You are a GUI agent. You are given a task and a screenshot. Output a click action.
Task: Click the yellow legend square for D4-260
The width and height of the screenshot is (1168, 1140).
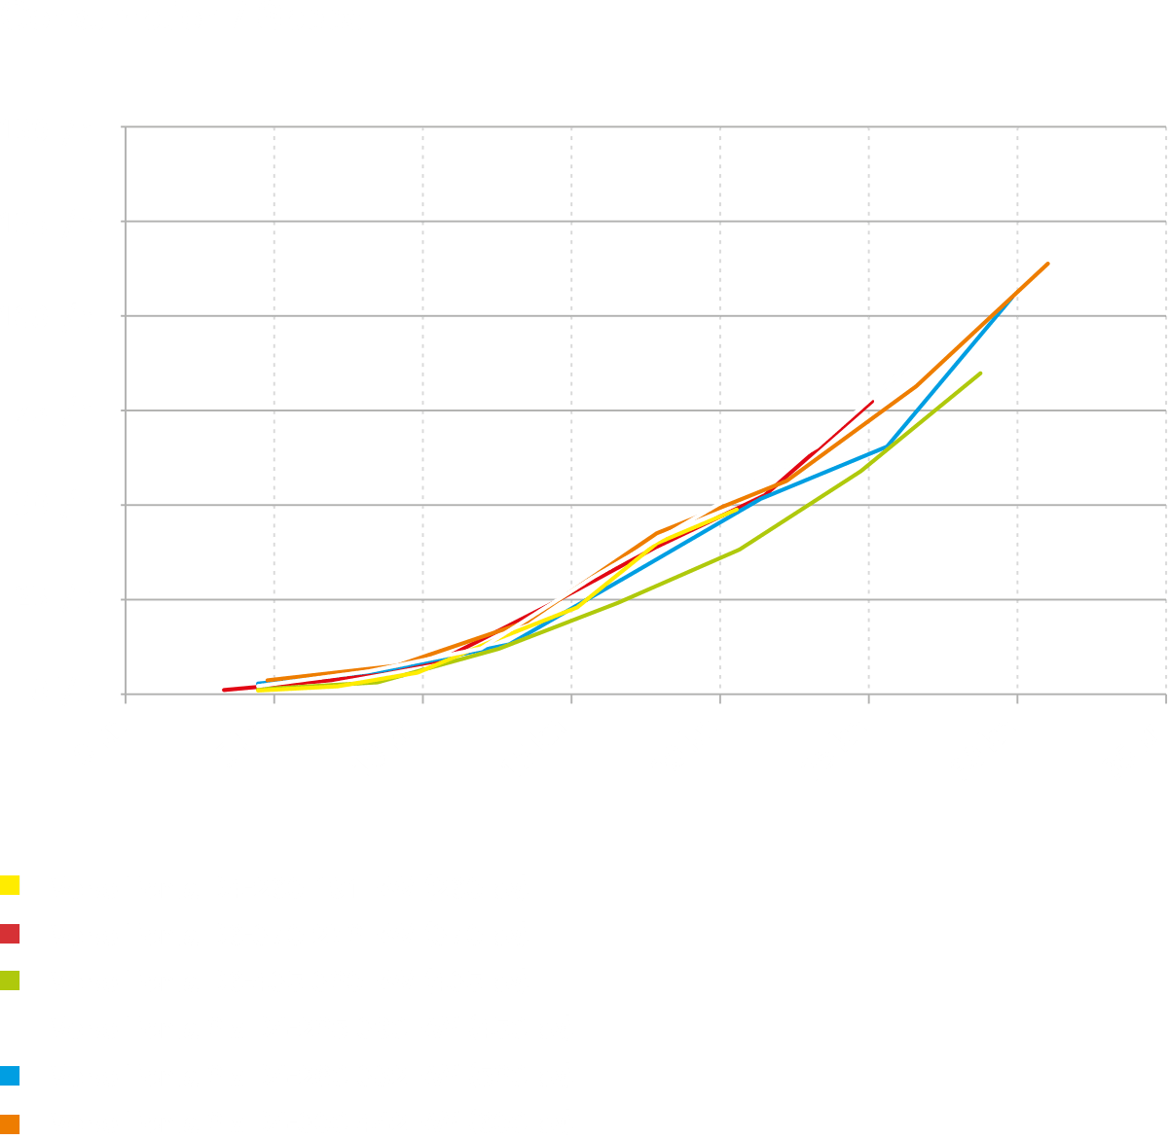[11, 886]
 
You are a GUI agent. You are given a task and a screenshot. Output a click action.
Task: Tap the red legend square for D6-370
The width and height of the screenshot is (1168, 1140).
[11, 934]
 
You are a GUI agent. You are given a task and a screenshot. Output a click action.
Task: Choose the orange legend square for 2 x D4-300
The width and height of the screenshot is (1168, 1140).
[11, 1122]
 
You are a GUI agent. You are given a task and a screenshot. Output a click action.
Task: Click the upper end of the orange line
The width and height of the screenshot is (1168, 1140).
[1047, 263]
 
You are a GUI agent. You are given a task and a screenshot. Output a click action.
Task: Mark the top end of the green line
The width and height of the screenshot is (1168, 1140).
[980, 373]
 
